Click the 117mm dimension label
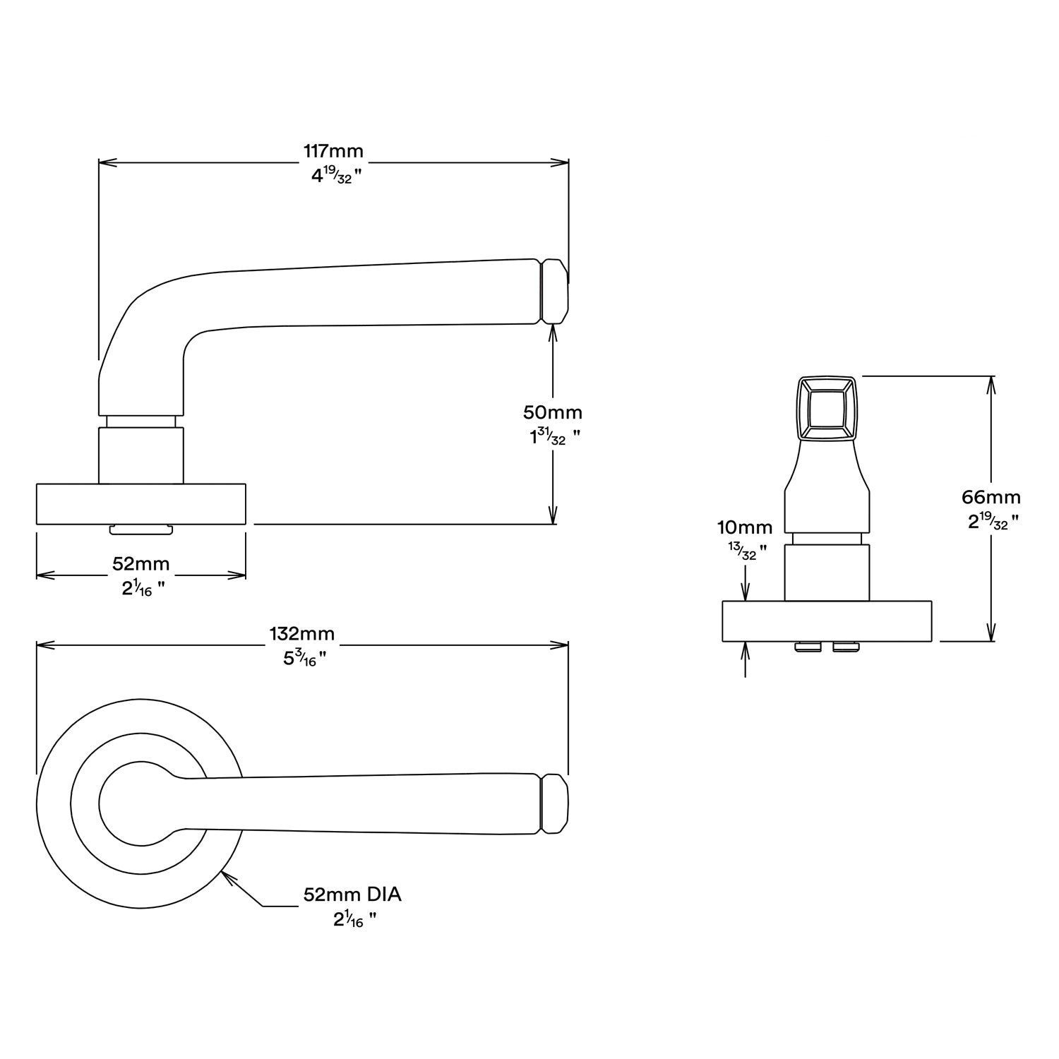click(333, 150)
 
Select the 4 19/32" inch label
click(336, 176)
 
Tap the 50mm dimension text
click(552, 412)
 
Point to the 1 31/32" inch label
click(555, 438)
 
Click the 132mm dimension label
click(301, 633)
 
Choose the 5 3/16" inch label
click(304, 659)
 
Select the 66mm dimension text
click(991, 497)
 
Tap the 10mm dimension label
click(745, 527)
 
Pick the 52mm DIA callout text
click(352, 895)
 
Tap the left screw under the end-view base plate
click(808, 646)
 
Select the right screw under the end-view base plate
click(846, 646)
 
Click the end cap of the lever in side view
click(554, 292)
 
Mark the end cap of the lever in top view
click(554, 804)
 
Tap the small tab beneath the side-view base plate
click(140, 529)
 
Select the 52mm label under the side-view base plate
click(140, 563)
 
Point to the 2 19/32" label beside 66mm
click(993, 522)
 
